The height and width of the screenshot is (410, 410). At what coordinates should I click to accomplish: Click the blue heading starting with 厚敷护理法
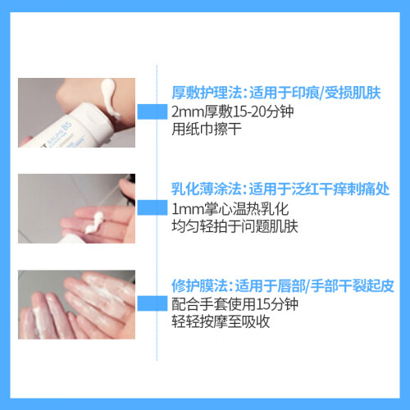pyautogui.click(x=276, y=93)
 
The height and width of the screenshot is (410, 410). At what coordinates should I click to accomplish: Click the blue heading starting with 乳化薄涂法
pyautogui.click(x=280, y=189)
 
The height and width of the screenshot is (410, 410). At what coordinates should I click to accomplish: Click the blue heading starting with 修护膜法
pyautogui.click(x=283, y=285)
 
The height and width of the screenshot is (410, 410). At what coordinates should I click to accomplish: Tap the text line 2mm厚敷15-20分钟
pyautogui.click(x=233, y=112)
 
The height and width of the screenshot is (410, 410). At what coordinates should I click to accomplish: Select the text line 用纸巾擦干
pyautogui.click(x=207, y=129)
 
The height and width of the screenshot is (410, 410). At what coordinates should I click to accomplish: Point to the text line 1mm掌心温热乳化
pyautogui.click(x=230, y=209)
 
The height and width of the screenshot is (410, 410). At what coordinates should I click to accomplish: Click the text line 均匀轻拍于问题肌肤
pyautogui.click(x=235, y=226)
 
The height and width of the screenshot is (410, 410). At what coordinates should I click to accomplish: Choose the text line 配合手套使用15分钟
pyautogui.click(x=235, y=304)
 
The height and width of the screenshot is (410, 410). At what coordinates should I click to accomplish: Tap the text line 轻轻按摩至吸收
pyautogui.click(x=221, y=321)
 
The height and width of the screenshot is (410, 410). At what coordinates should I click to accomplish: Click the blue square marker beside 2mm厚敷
pyautogui.click(x=153, y=112)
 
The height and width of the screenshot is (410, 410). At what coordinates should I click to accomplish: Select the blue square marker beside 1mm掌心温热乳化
pyautogui.click(x=153, y=207)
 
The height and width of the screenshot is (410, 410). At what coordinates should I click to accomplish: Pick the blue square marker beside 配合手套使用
pyautogui.click(x=153, y=303)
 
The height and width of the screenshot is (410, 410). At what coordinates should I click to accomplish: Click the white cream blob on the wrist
pyautogui.click(x=109, y=98)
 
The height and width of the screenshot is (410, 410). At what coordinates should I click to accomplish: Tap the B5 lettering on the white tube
pyautogui.click(x=66, y=126)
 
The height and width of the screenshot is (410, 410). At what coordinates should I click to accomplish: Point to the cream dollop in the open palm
pyautogui.click(x=94, y=223)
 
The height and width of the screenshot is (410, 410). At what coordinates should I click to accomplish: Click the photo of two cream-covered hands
pyautogui.click(x=76, y=305)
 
